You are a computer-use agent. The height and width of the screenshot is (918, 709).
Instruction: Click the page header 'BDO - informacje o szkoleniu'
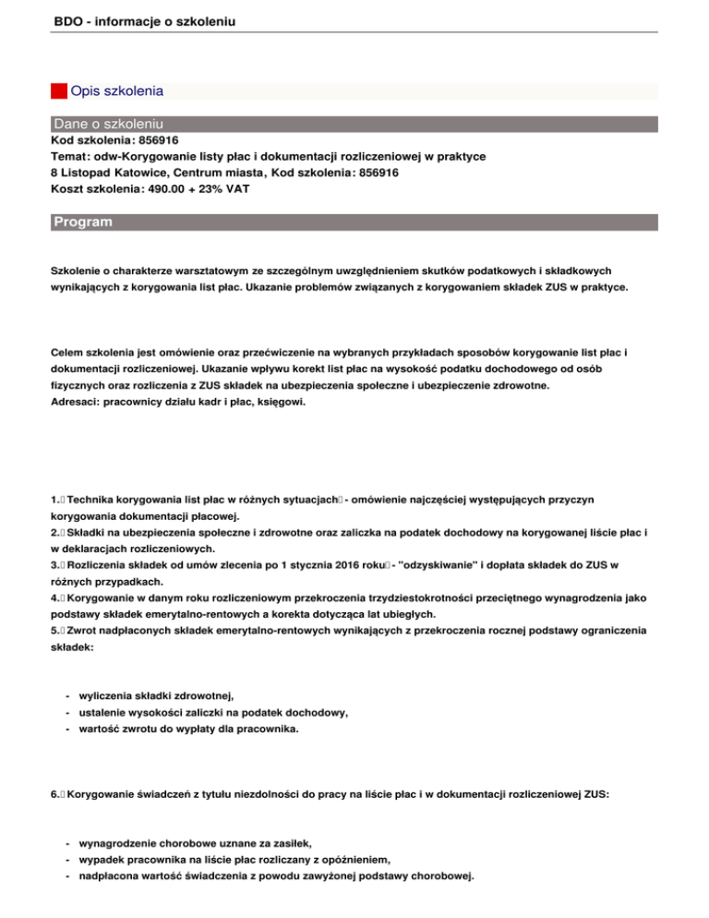tap(138, 18)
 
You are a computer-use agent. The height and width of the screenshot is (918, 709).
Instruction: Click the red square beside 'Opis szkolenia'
tap(58, 91)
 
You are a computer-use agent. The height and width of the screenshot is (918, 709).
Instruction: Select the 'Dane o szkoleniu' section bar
tap(109, 123)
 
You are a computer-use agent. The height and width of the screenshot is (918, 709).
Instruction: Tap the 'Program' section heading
tap(83, 223)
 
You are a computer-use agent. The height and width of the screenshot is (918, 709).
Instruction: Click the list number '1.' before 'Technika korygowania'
tap(55, 499)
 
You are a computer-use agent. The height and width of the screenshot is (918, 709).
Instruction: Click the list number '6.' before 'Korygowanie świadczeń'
tap(55, 794)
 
